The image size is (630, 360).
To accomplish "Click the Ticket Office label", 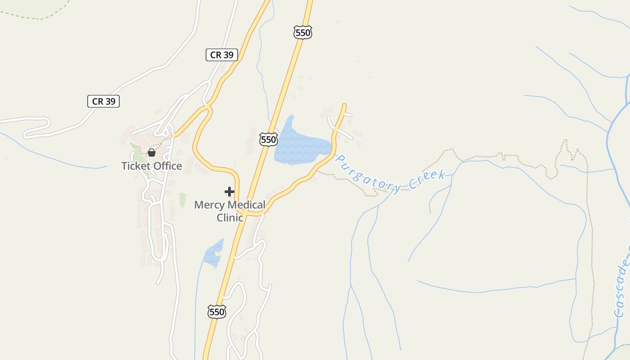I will pos(152,166).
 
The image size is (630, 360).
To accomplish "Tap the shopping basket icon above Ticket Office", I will pos(152,153).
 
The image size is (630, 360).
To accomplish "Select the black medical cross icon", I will pos(229,192).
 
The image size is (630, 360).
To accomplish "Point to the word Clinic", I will pos(229,218).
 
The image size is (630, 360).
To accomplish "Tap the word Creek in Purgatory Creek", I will pos(427,179).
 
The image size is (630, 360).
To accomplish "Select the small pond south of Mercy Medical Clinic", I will pos(214,253).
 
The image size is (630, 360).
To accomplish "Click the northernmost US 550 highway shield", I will pos(303,32).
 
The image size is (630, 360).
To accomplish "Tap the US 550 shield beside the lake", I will pos(268,139).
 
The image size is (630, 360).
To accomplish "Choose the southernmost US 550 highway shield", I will pos(216,311).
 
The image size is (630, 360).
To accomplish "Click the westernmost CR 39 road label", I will pos(103,101).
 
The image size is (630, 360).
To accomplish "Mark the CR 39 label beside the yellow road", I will pos(222,55).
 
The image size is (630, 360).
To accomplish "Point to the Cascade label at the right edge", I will pos(622,288).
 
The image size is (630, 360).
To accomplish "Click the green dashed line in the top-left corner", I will pos(40,18).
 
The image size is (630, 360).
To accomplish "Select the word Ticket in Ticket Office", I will pos(135,166).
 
